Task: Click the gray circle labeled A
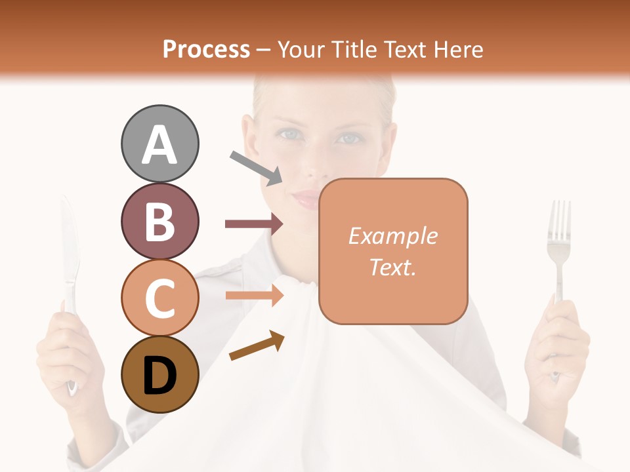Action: (x=159, y=144)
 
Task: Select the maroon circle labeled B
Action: (x=159, y=221)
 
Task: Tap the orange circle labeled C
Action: (x=159, y=298)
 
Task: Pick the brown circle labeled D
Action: (x=159, y=374)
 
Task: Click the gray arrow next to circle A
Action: (x=256, y=167)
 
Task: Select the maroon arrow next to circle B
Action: (x=254, y=224)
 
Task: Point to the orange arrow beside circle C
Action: (x=254, y=296)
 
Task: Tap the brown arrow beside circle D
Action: (x=257, y=345)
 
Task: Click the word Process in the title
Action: (x=206, y=49)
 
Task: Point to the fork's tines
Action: (x=559, y=220)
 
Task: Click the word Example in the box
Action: (x=392, y=236)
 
